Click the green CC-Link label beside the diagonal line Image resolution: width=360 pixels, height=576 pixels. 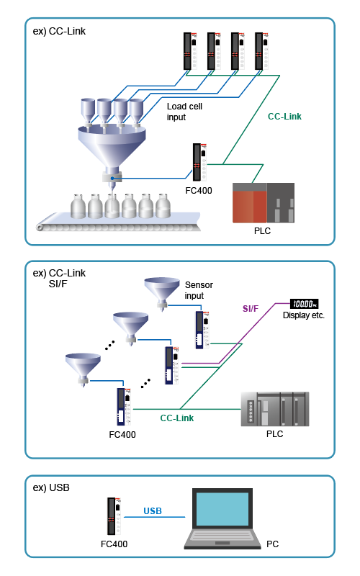pyautogui.click(x=284, y=117)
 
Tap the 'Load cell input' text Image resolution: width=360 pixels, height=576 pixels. pyautogui.click(x=184, y=112)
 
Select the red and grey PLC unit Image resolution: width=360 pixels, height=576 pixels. pyautogui.click(x=264, y=203)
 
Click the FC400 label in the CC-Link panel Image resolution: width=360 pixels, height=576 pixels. pyautogui.click(x=199, y=191)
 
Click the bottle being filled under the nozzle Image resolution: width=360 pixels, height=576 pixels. pyautogui.click(x=112, y=206)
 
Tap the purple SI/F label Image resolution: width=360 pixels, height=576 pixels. pyautogui.click(x=251, y=309)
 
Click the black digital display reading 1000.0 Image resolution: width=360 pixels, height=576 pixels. pyautogui.click(x=304, y=304)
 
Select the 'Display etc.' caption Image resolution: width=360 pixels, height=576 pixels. pyautogui.click(x=304, y=315)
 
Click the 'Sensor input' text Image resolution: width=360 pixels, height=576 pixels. pyautogui.click(x=199, y=290)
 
